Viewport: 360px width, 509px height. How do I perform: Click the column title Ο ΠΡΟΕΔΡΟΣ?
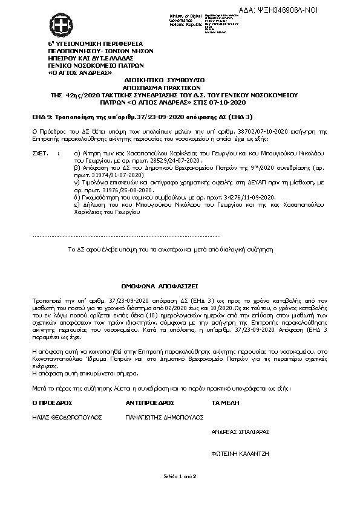pos(52,401)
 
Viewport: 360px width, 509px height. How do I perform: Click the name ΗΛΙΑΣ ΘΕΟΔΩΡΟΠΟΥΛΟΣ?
pos(67,417)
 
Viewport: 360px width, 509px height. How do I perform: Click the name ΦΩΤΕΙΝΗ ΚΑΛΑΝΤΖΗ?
pos(240,452)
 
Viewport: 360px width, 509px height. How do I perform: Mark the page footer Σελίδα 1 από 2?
pos(180,477)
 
